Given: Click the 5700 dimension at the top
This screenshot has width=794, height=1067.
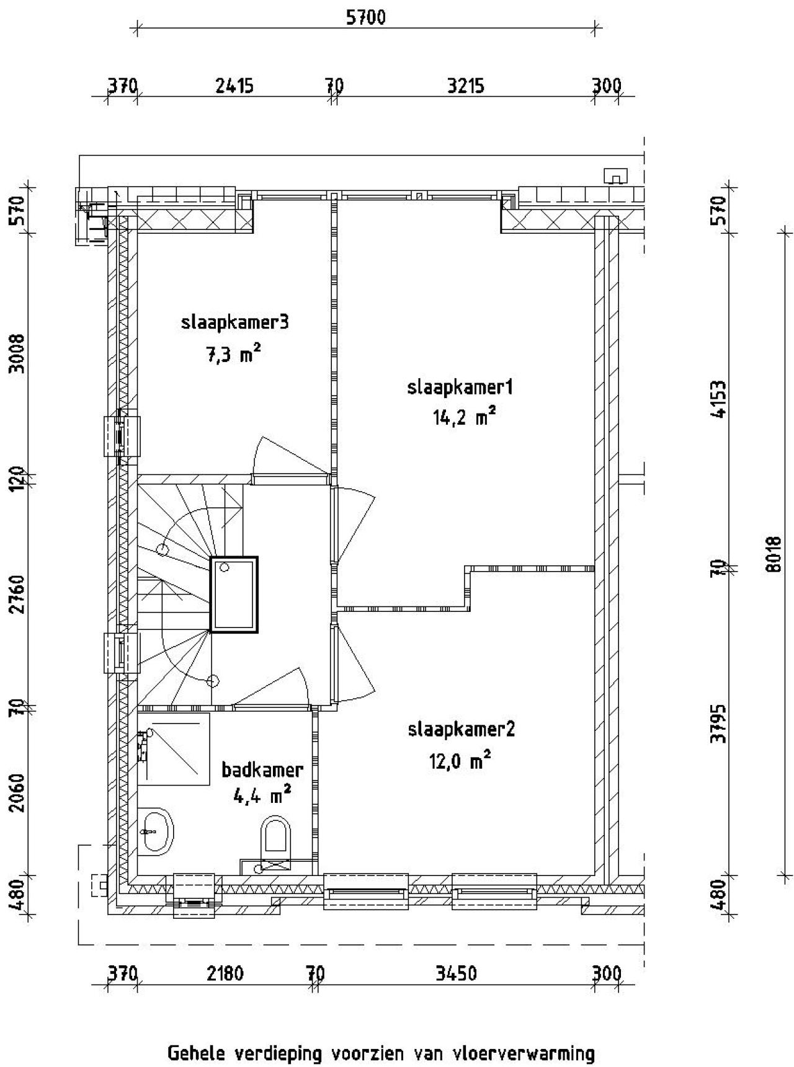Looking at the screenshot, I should (365, 17).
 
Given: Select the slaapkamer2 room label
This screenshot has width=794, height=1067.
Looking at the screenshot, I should (461, 729).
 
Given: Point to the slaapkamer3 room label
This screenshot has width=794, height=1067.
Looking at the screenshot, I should (235, 322).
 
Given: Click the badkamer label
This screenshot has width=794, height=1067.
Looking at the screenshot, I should (262, 770).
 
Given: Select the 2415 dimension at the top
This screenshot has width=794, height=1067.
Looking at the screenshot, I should (234, 85).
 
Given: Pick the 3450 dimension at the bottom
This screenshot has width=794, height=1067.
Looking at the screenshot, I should (456, 974).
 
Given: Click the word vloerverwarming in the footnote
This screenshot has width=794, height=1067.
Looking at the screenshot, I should (524, 1053).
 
